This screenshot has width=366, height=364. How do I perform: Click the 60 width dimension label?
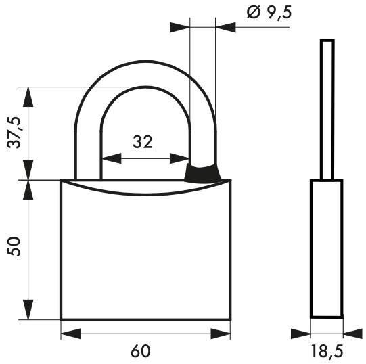click(140, 350)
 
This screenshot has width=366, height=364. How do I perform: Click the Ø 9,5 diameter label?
click(264, 12)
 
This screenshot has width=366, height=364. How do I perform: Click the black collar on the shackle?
click(202, 173)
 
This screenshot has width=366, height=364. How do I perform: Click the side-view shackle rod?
click(327, 108)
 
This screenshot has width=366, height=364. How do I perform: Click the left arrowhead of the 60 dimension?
click(70, 333)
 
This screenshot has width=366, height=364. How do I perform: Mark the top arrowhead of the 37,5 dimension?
click(28, 97)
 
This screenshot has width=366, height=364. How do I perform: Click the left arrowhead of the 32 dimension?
click(111, 159)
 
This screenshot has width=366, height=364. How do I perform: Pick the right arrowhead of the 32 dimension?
click(179, 159)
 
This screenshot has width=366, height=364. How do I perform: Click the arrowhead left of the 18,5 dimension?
click(300, 333)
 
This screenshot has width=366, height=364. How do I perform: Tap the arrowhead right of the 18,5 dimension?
click(352, 333)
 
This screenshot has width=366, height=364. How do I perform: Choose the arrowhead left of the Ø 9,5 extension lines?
click(180, 28)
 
